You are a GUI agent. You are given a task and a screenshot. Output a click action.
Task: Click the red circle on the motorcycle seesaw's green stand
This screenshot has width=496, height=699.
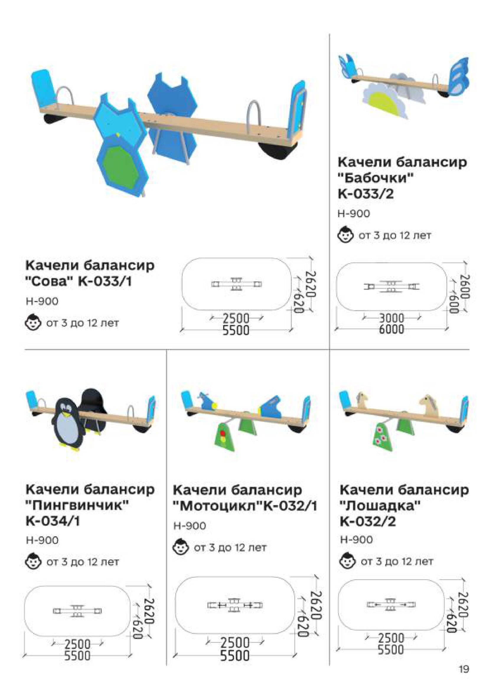223,433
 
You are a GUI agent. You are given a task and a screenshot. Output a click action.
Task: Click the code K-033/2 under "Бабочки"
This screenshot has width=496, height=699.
366,194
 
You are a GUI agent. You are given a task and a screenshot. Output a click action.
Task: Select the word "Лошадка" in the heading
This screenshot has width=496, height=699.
380,506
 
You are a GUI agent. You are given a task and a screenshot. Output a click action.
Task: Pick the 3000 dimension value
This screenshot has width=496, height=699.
391,318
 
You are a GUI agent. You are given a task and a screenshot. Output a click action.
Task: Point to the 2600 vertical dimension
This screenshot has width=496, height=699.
464,287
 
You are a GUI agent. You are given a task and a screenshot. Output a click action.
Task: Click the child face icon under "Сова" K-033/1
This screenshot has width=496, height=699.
33,323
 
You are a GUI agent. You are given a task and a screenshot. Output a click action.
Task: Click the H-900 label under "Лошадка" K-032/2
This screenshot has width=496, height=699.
356,540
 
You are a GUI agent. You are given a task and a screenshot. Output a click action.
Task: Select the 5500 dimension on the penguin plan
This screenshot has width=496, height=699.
77,655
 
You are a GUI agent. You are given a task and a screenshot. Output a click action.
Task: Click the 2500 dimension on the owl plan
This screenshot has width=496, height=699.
236,318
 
